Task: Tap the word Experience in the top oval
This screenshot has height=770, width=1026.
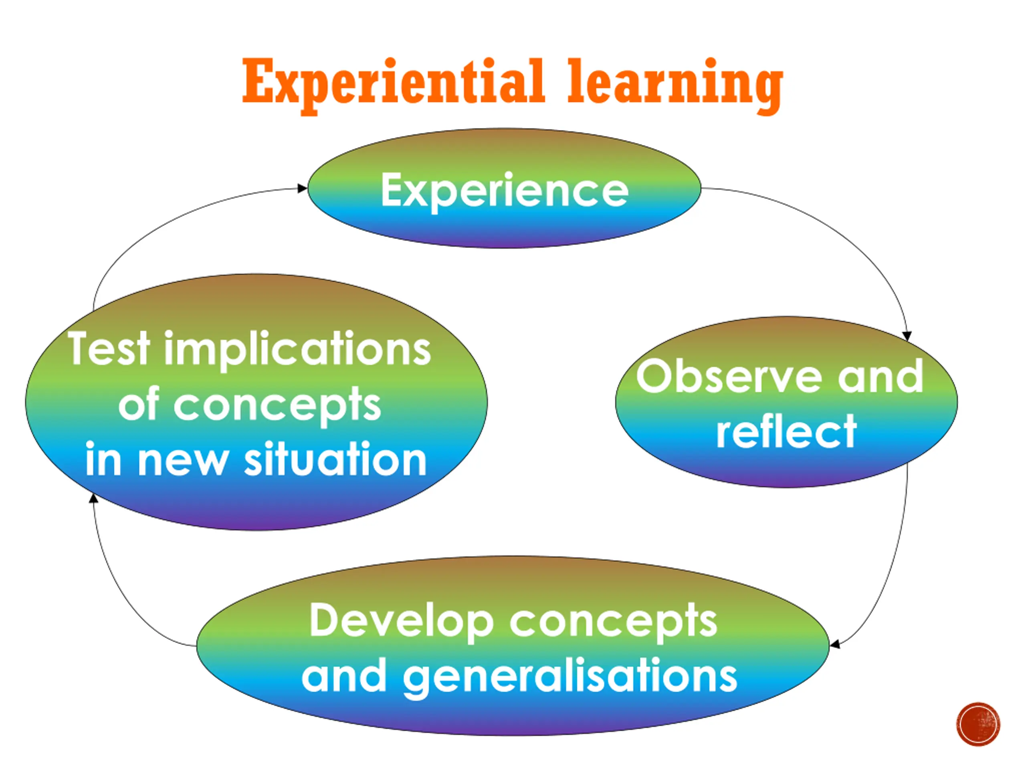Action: pos(504,190)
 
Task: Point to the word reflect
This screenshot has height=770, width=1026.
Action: pos(786,432)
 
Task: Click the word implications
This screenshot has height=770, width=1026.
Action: pos(297,351)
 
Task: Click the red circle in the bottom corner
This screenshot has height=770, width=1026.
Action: pos(978,724)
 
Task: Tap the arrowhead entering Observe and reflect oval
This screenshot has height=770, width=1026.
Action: pos(907,336)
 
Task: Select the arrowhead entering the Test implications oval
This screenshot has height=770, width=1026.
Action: pos(93,498)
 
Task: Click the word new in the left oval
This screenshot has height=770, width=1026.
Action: pos(183,460)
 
